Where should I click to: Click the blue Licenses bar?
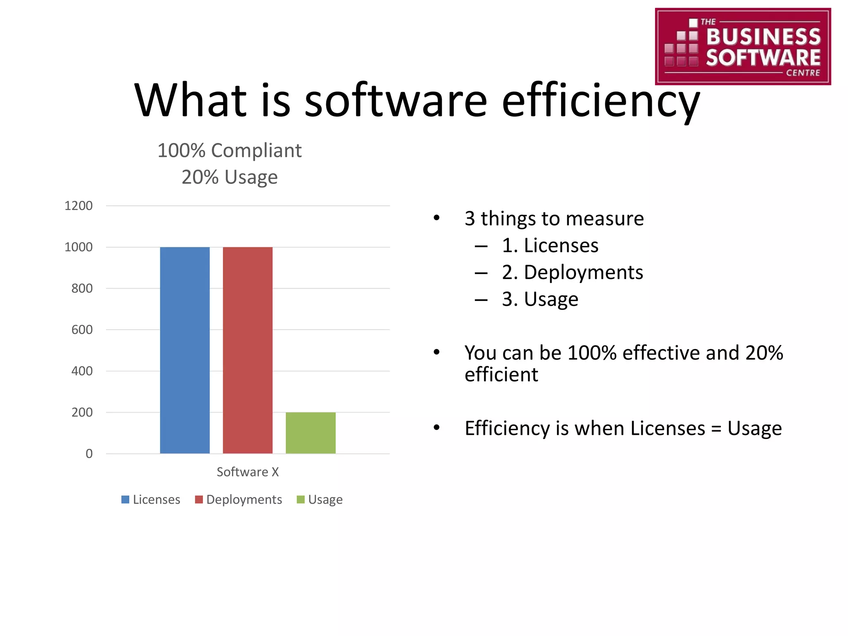185,350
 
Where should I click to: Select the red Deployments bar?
248,350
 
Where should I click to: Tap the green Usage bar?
311,433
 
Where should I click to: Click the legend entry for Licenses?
151,499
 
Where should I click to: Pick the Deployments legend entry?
238,499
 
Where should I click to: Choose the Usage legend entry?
320,499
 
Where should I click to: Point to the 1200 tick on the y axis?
79,206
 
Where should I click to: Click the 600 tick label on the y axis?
82,330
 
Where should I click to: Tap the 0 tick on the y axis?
89,454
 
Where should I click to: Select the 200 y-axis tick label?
82,412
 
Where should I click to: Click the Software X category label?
248,472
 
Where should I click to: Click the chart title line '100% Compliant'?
229,151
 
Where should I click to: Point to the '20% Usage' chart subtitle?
229,177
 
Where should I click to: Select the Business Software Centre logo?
743,46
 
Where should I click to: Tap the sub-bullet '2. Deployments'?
572,272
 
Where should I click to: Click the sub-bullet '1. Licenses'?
550,246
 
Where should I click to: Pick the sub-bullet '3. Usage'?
540,299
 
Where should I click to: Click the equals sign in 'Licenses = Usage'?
716,429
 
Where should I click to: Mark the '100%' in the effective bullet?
592,353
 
